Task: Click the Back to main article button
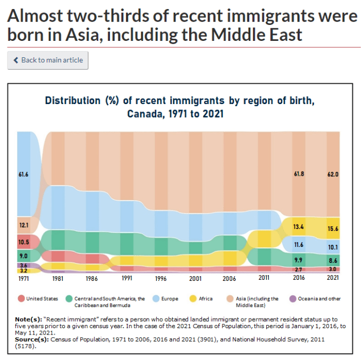pos(48,61)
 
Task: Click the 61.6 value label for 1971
pos(23,174)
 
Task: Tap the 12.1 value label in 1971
pos(23,225)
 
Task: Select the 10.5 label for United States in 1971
pos(23,242)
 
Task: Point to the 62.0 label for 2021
pos(333,174)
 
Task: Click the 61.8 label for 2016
pos(299,174)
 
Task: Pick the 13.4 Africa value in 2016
pos(299,227)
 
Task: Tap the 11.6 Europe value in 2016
pos(299,245)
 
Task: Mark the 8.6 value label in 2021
pos(333,261)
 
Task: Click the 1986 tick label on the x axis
pos(92,277)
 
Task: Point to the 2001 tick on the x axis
pos(196,277)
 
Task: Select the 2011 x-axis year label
pos(264,277)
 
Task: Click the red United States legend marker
pos(21,298)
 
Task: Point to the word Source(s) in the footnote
pos(31,339)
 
